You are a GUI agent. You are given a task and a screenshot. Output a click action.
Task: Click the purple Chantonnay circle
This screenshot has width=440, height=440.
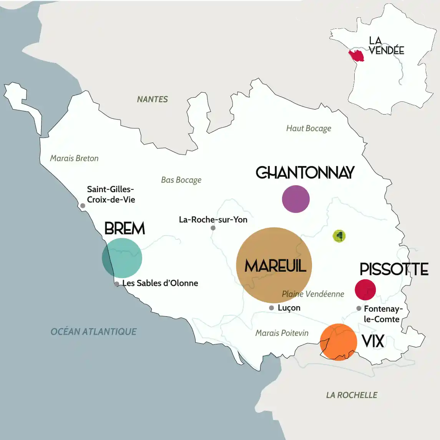pyautogui.click(x=296, y=199)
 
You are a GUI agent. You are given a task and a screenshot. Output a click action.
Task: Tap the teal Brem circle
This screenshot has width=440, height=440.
pyautogui.click(x=122, y=258)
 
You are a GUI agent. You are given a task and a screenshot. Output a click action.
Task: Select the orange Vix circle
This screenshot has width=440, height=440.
pyautogui.click(x=339, y=342)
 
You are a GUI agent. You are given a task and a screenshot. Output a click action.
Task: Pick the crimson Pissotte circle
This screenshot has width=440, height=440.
pyautogui.click(x=365, y=289)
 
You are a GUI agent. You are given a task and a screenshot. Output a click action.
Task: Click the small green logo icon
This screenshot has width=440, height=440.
pyautogui.click(x=339, y=236)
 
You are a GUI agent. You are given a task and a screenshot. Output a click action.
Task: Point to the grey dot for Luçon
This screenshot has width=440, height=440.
pyautogui.click(x=271, y=308)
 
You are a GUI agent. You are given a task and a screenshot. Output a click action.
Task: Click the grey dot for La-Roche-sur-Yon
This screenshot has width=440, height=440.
pyautogui.click(x=213, y=228)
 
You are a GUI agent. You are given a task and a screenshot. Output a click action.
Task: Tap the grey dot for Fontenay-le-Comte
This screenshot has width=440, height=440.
pyautogui.click(x=359, y=308)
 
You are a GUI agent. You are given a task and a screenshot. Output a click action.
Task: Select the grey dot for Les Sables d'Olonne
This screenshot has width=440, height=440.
pyautogui.click(x=117, y=284)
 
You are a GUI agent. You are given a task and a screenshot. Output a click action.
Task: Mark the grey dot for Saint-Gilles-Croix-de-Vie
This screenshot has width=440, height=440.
pyautogui.click(x=83, y=206)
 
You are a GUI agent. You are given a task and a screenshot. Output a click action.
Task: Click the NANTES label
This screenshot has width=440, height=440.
pyautogui.click(x=153, y=99)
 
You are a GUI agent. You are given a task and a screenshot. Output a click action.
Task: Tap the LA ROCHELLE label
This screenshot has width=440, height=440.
pyautogui.click(x=352, y=395)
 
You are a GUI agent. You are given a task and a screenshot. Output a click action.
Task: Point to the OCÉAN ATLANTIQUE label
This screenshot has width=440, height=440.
pyautogui.click(x=93, y=331)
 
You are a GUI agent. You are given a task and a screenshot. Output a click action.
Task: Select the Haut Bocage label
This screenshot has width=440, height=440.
pyautogui.click(x=309, y=128)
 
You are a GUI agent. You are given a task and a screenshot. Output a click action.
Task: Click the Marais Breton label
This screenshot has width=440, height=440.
pyautogui.click(x=74, y=158)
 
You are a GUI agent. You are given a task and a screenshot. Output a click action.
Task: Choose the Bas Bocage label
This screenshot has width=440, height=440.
pyautogui.click(x=181, y=180)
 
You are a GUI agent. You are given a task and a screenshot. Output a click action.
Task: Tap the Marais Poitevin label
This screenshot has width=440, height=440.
pyautogui.click(x=282, y=333)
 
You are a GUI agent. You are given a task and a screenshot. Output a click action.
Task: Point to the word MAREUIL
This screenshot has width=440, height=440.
pyautogui.click(x=275, y=266)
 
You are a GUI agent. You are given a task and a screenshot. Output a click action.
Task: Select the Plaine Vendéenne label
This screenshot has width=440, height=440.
pyautogui.click(x=313, y=294)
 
